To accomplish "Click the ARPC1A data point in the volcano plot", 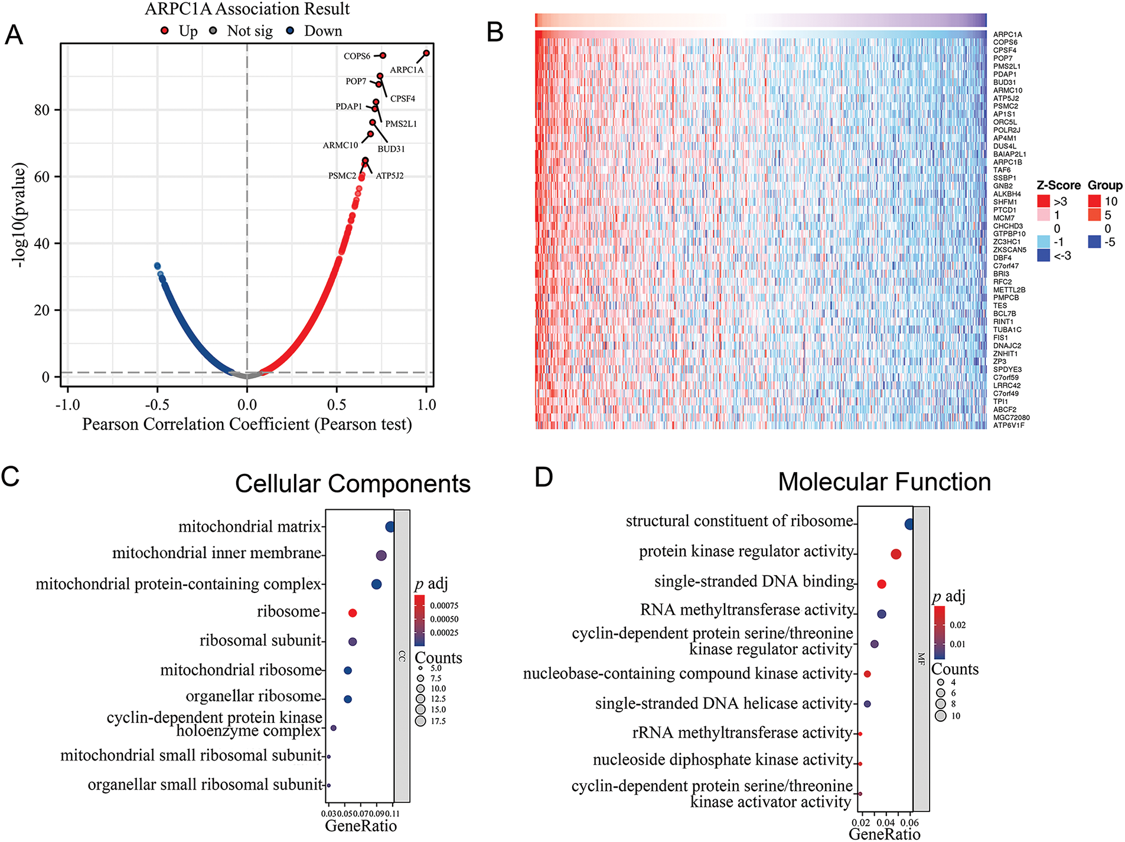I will click(x=426, y=53).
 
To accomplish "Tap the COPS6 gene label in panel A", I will click(x=357, y=56).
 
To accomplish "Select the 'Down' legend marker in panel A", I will click(x=290, y=31).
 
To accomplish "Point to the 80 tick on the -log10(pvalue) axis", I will click(x=42, y=110).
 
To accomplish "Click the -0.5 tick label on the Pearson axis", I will click(x=157, y=405).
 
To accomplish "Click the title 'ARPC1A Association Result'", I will click(x=247, y=9).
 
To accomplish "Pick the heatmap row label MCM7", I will click(x=1004, y=218).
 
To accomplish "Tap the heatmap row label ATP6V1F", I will click(x=1009, y=425).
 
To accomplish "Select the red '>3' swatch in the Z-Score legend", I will click(x=1044, y=201).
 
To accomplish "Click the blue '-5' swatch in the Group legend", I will click(x=1094, y=242).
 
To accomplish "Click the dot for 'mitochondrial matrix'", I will click(x=390, y=527).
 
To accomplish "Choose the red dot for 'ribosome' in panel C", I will click(x=353, y=613).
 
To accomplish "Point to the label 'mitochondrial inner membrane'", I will click(x=217, y=553).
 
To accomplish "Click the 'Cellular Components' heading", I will click(x=353, y=484).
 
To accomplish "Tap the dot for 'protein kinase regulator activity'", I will click(x=896, y=554).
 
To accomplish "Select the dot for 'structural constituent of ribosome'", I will click(x=909, y=524).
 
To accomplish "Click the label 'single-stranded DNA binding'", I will click(x=754, y=582).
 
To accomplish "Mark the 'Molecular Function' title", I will click(x=884, y=482).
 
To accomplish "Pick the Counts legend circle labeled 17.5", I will click(x=420, y=721).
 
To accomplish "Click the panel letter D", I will click(x=543, y=477).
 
